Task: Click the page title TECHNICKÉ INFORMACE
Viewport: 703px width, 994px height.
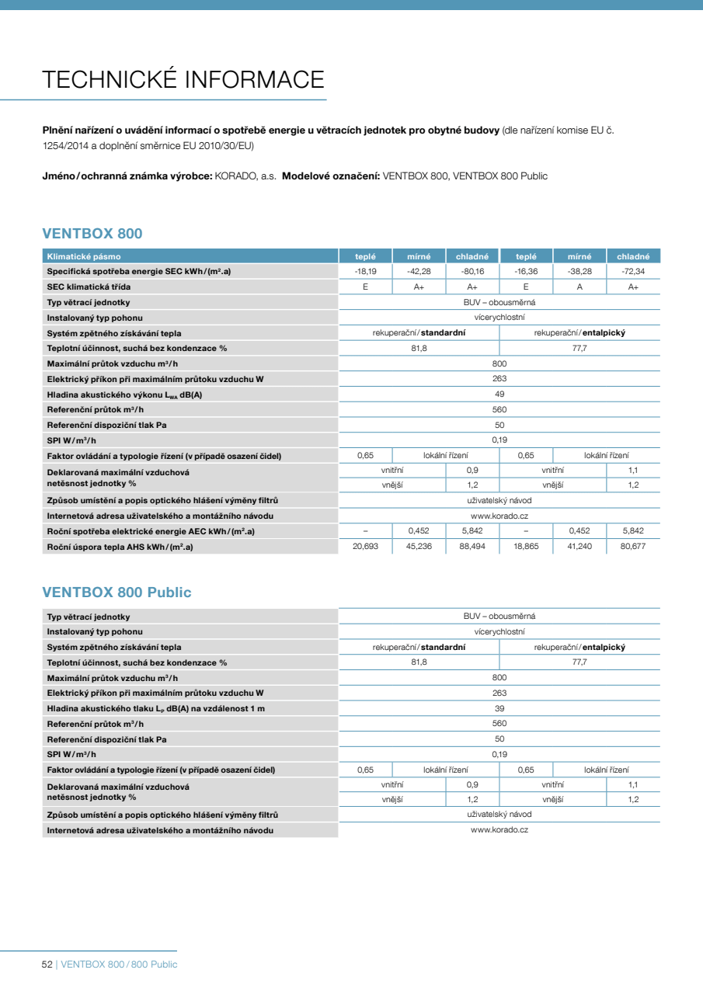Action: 183,79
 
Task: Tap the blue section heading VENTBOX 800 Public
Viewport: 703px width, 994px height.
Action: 117,593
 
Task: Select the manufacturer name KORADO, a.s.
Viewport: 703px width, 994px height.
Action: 245,176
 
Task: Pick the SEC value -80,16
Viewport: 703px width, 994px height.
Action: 472,272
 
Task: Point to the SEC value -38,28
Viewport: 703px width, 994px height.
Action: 579,272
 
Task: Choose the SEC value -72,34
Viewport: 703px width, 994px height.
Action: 633,272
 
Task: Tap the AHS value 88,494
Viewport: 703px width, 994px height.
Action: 472,547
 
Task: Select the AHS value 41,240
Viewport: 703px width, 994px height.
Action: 579,547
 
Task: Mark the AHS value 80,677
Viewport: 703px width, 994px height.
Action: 633,547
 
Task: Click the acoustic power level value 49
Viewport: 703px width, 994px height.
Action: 499,394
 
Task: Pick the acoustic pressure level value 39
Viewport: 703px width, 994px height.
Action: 499,708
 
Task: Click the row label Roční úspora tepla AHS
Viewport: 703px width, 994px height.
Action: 120,547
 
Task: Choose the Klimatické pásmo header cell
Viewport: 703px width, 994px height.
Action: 84,256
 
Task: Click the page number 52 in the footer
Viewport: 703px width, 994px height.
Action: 47,964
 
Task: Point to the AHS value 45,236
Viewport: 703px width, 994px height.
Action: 419,547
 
